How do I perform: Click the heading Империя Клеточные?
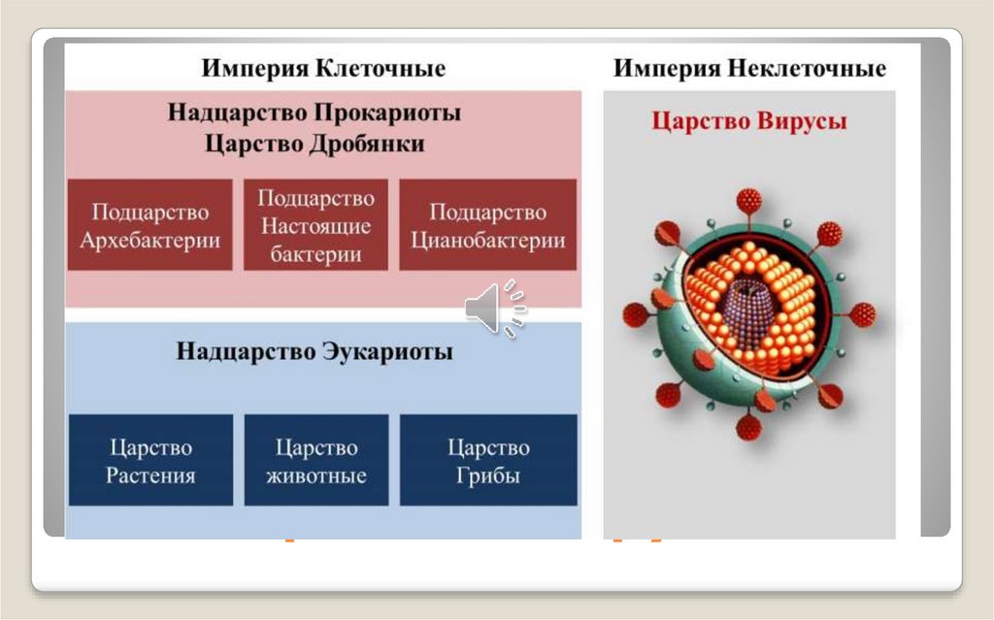pos(323,69)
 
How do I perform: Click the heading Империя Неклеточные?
pos(749,69)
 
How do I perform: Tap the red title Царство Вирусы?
pos(748,121)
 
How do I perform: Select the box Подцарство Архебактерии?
pos(149,225)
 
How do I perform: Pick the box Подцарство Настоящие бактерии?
pos(315,225)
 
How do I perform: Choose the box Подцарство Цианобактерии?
pos(487,225)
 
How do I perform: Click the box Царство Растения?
pos(150,461)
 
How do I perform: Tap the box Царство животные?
pos(316,461)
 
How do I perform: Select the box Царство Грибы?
pos(488,461)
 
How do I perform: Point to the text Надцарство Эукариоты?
pos(315,351)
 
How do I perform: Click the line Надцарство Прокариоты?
pos(315,113)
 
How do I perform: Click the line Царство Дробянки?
pos(315,144)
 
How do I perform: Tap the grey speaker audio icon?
pos(495,309)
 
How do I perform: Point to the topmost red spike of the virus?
pos(748,201)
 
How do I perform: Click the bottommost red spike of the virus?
pos(748,427)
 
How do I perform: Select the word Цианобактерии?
pos(487,241)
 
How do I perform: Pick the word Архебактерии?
pos(149,241)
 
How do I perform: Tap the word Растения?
pos(150,476)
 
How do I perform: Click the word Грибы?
pos(488,476)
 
